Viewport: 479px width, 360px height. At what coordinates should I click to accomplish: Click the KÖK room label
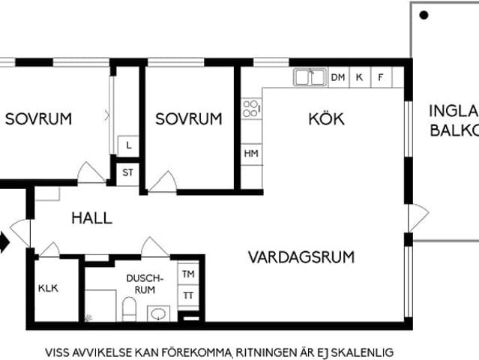click(x=326, y=118)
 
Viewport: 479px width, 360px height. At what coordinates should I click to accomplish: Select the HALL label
click(x=91, y=218)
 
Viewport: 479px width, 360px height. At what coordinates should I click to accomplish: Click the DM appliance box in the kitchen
click(x=337, y=77)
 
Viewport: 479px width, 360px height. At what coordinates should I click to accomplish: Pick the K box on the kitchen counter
click(x=360, y=77)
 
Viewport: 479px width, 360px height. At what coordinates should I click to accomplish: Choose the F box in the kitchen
click(x=381, y=77)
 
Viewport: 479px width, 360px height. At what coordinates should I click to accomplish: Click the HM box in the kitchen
click(x=251, y=153)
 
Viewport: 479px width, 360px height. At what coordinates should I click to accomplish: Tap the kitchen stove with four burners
click(x=251, y=109)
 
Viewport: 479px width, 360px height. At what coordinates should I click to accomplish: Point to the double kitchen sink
click(x=309, y=76)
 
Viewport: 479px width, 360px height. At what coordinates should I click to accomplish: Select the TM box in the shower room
click(x=188, y=275)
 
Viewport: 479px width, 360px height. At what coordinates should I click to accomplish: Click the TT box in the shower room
click(x=188, y=295)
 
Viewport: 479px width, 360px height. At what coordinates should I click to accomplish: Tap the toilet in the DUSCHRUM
click(x=129, y=309)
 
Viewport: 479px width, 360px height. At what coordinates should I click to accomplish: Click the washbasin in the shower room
click(x=158, y=313)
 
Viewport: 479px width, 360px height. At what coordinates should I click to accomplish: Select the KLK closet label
click(x=48, y=288)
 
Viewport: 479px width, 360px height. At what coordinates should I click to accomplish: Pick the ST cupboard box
click(x=128, y=172)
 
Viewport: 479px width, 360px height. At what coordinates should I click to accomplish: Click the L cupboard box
click(x=129, y=145)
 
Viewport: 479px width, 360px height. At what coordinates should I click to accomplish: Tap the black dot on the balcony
click(x=424, y=14)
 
